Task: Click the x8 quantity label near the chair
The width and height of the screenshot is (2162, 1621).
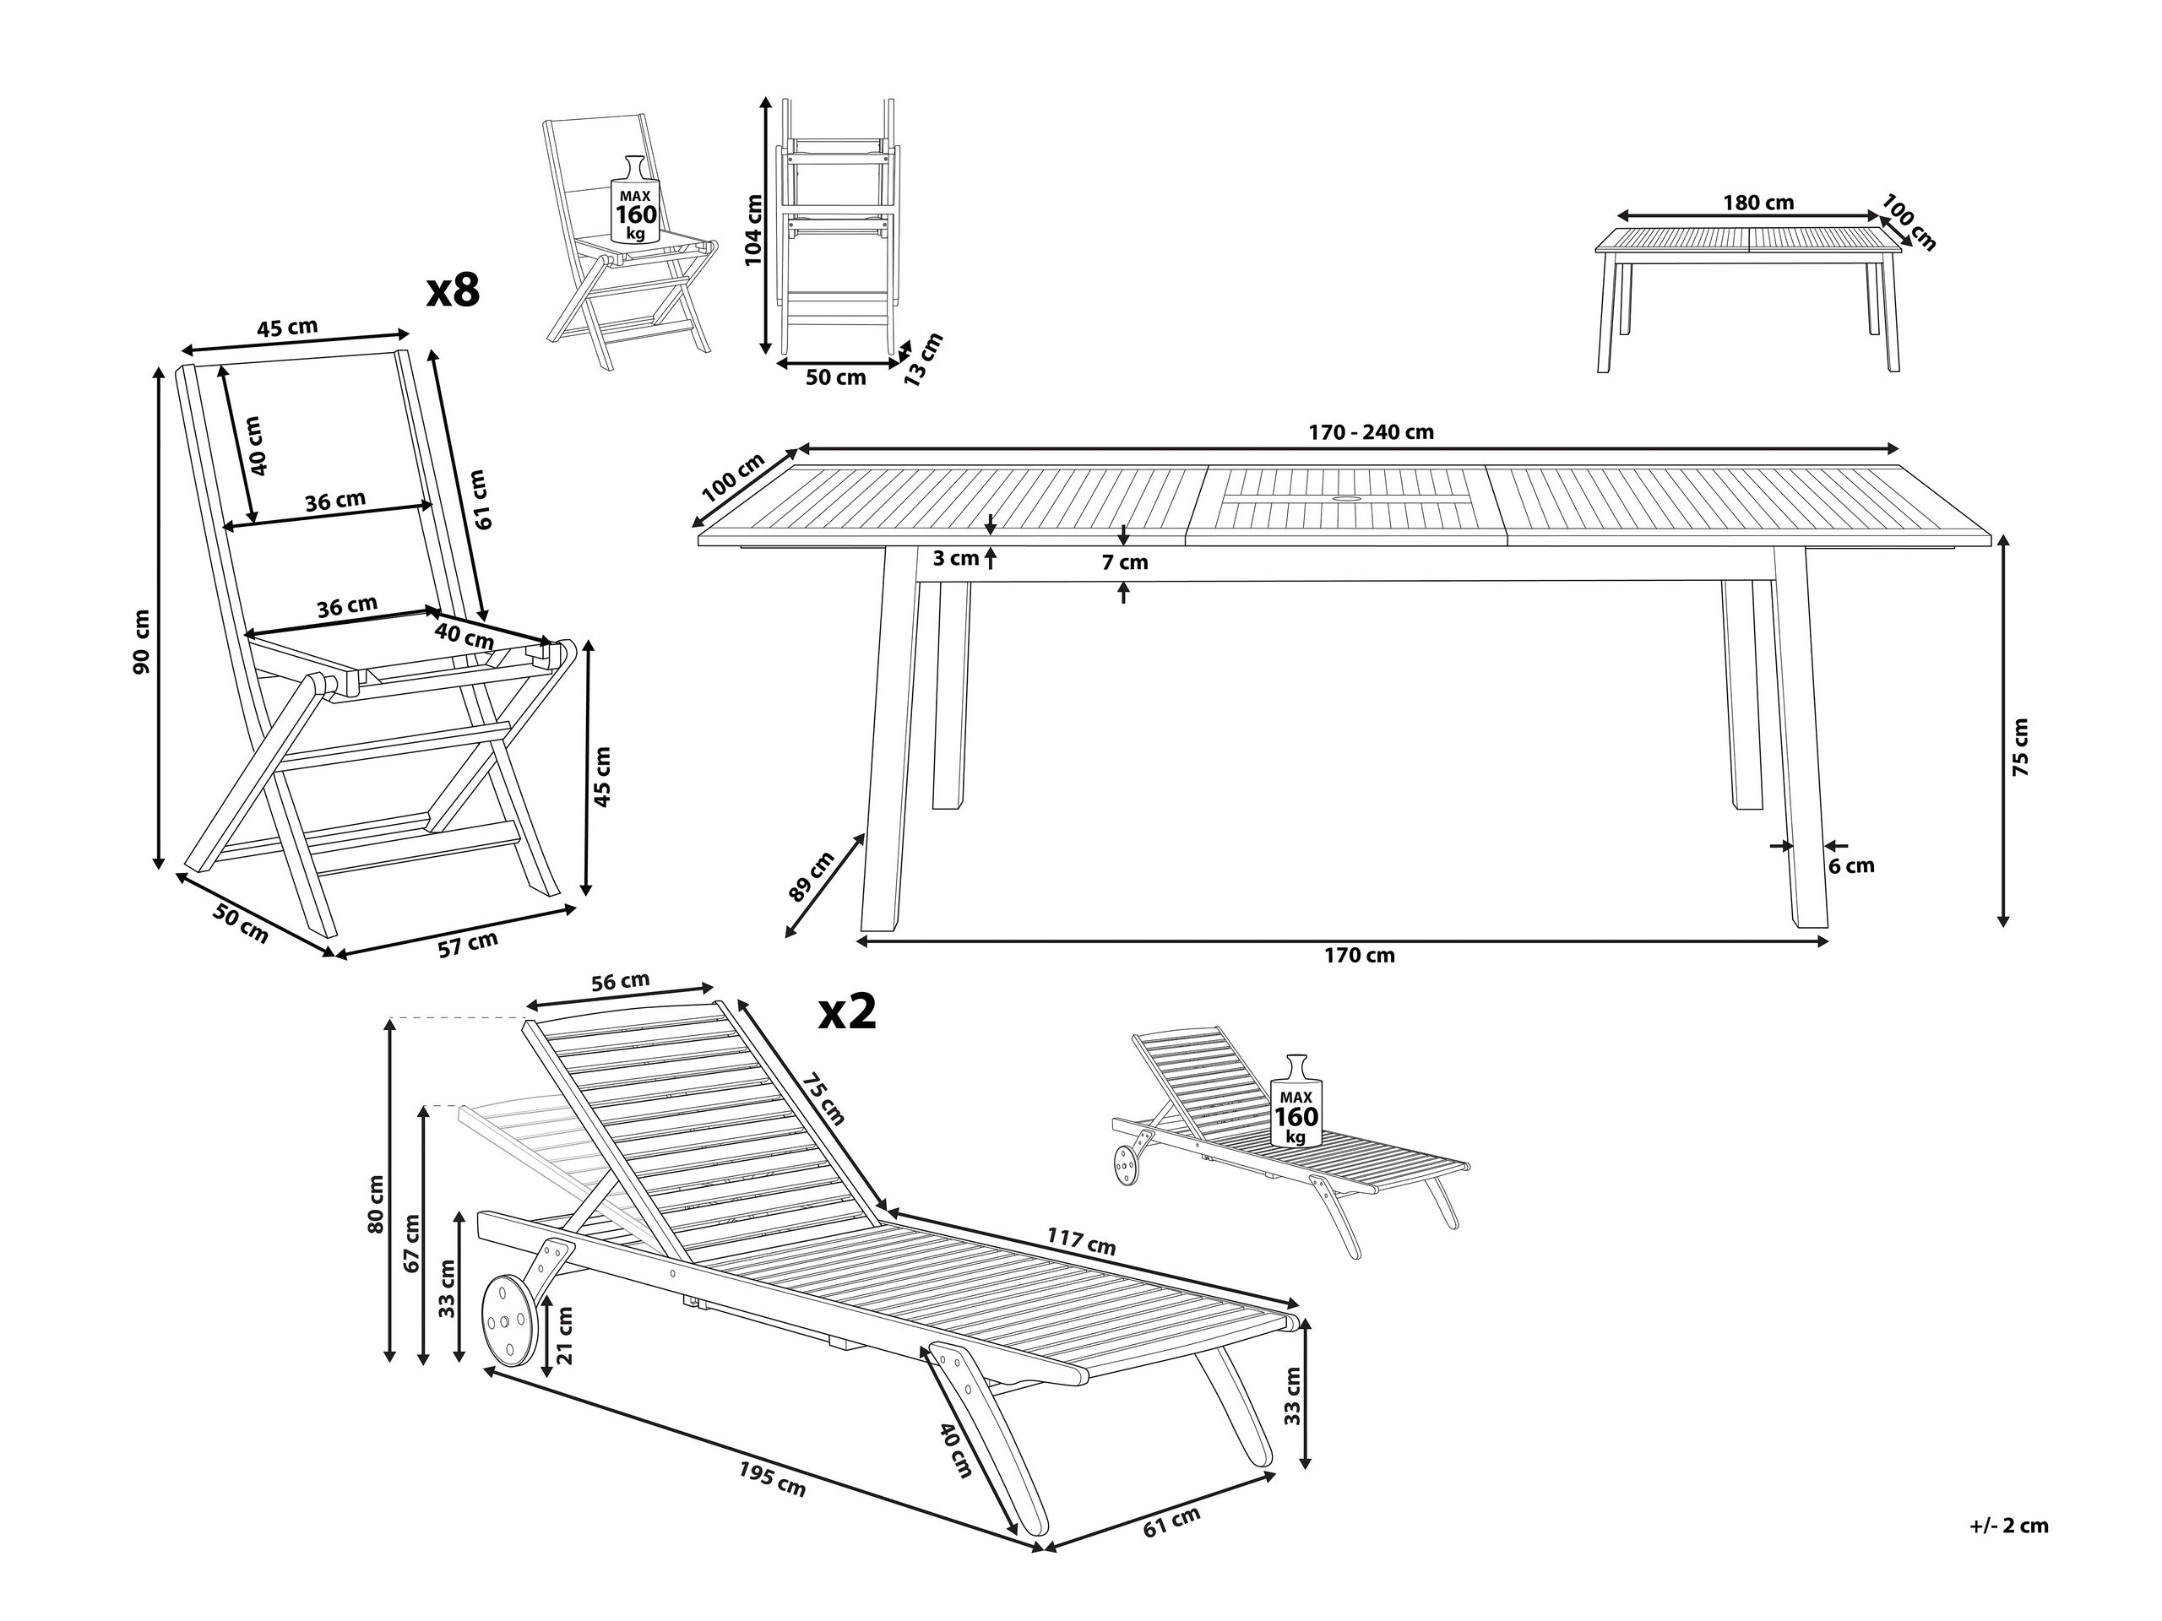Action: point(454,291)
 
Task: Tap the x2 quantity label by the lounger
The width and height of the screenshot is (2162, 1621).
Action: point(847,1013)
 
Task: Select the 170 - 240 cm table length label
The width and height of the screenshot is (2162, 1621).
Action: point(1358,432)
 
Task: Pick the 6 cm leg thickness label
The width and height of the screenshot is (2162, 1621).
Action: point(1852,865)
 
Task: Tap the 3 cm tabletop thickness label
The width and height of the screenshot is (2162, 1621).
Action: point(956,559)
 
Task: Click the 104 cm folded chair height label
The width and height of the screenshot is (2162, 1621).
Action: point(752,230)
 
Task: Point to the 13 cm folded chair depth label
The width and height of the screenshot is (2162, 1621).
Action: point(924,360)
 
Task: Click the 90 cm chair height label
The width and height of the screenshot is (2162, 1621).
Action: point(143,641)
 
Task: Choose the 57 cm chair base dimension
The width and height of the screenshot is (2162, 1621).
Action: point(467,944)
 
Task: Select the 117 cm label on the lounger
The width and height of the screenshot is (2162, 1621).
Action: point(1081,1241)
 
